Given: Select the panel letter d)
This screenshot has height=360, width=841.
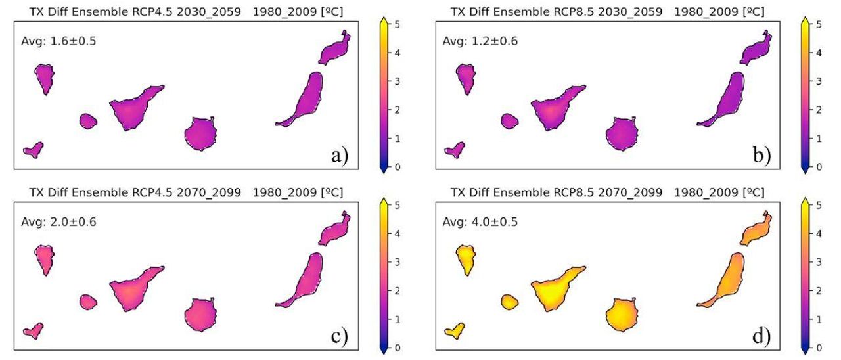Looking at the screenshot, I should [761, 336].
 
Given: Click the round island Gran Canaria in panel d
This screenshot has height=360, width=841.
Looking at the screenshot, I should [622, 314].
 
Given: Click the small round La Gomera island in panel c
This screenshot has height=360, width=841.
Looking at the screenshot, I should [88, 302].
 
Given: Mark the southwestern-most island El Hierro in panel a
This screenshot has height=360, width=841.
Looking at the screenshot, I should [33, 149].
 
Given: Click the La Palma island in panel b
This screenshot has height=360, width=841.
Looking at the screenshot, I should [466, 78].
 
